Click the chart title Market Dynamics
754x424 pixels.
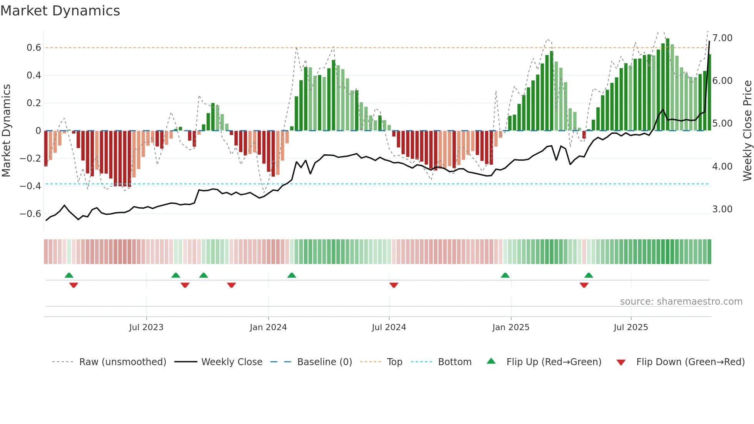pos(60,11)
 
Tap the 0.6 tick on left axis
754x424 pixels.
pos(34,48)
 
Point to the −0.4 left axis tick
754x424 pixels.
pos(30,186)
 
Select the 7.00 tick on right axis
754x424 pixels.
pos(722,38)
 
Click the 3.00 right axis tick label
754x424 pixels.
pos(722,209)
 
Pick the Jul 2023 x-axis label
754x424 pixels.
pos(146,327)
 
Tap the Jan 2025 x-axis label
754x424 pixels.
pos(510,327)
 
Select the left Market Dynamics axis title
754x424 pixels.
pos(6,131)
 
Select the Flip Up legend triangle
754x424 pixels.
pos(491,361)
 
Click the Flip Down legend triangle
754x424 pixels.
pos(621,362)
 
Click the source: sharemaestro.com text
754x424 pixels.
pos(681,302)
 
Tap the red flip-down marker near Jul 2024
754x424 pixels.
pos(394,285)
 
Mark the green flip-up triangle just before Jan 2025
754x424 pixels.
pos(505,275)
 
